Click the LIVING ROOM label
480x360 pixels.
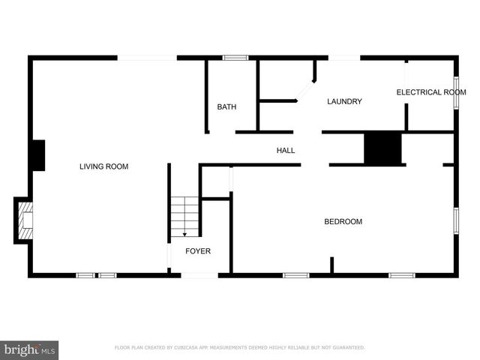[x=103, y=166]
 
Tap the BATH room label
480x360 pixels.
[x=226, y=107]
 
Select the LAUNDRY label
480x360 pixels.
[x=344, y=102]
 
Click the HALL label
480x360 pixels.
[x=286, y=151]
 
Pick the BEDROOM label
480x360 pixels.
[x=343, y=222]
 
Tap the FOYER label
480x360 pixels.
[x=198, y=251]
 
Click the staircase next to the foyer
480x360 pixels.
[x=184, y=215]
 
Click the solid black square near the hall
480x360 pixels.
[x=382, y=148]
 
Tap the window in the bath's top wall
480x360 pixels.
[x=235, y=57]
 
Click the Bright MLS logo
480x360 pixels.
[x=29, y=349]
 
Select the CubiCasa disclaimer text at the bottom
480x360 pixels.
[x=239, y=348]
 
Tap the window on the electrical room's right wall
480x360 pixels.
[x=456, y=92]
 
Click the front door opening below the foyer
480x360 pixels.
[x=199, y=275]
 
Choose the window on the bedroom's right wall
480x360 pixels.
[x=455, y=221]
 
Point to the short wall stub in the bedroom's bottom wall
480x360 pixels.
[x=331, y=265]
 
